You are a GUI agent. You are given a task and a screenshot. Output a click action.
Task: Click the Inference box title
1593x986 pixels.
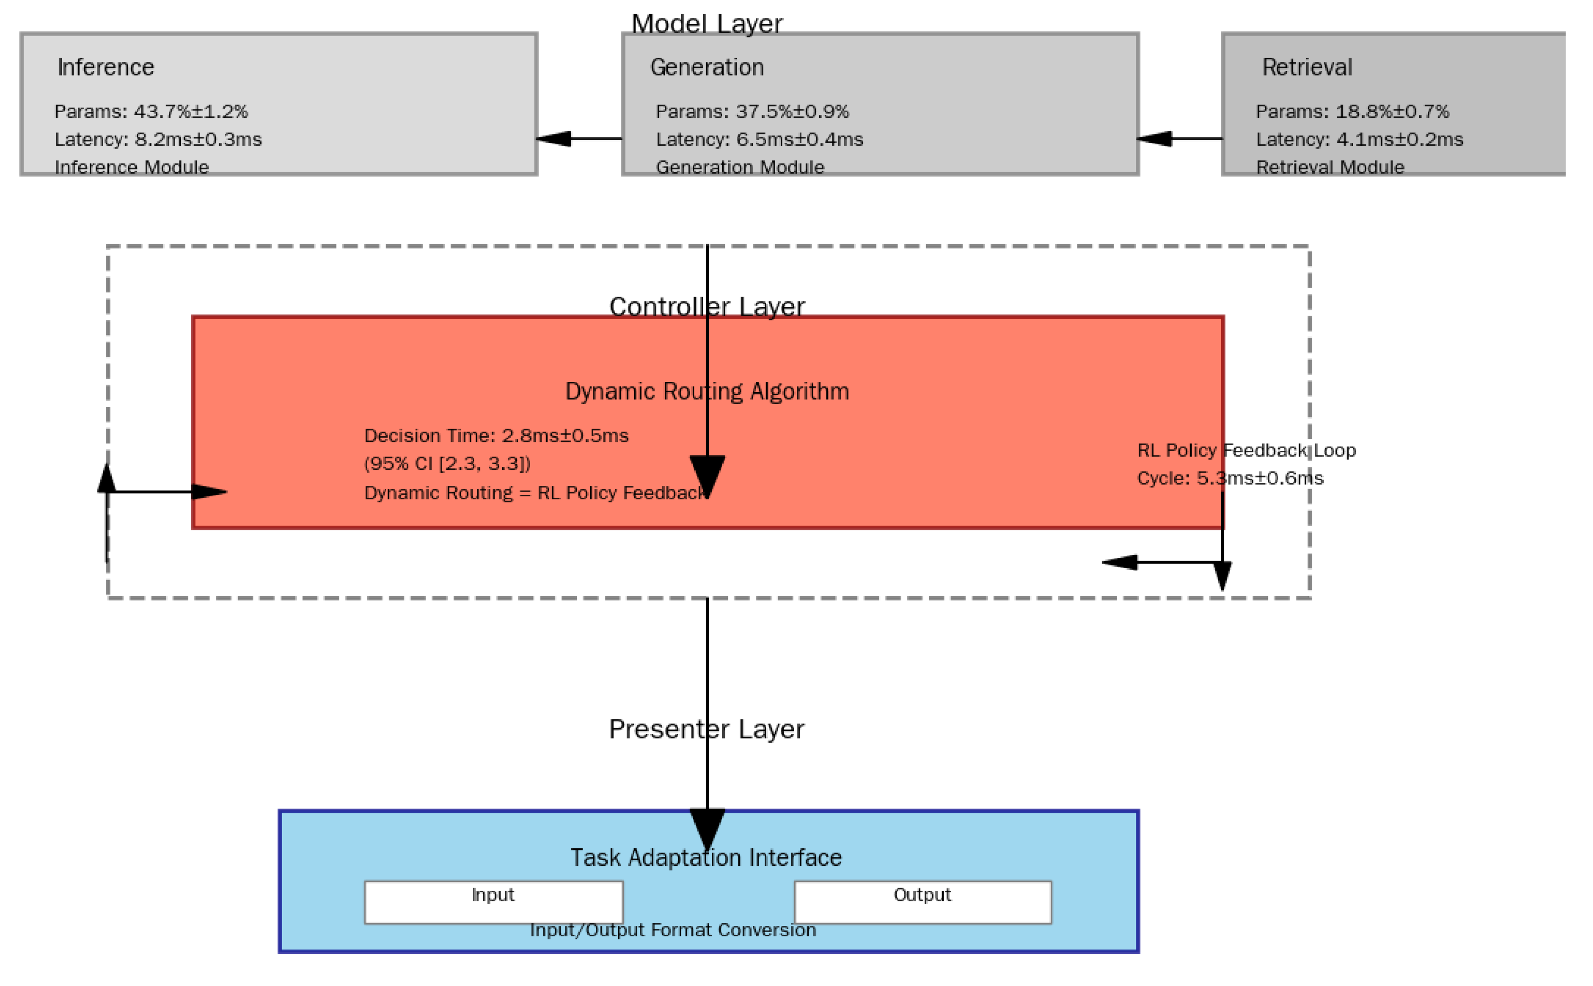click(x=106, y=67)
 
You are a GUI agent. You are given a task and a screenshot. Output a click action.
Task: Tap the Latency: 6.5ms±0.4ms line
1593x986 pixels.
click(x=759, y=140)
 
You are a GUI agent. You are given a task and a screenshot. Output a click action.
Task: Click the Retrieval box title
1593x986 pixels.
click(x=1306, y=67)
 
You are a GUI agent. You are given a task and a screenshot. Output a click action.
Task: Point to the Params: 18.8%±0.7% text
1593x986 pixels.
click(x=1352, y=112)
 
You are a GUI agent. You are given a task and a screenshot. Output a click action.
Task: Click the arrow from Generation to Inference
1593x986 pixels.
click(x=579, y=139)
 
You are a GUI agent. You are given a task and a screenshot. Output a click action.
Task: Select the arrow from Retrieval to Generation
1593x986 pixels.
click(x=1179, y=139)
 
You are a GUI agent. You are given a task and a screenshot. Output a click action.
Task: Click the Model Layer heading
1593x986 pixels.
click(x=707, y=24)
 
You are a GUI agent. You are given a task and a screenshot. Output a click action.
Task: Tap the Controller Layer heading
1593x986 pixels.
click(x=707, y=307)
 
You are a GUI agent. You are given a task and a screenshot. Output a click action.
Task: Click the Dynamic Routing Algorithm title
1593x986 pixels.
click(x=707, y=391)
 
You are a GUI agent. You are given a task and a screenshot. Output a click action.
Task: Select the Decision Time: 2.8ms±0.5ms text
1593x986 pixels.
click(x=496, y=436)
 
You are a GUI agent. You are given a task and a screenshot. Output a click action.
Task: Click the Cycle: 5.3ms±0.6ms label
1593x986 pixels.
click(x=1230, y=479)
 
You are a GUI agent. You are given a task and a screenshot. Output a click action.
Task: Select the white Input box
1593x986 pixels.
click(x=493, y=903)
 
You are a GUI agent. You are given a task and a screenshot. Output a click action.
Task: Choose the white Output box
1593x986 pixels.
click(x=922, y=903)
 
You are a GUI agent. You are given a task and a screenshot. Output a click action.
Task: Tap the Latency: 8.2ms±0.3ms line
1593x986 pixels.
click(x=158, y=140)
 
